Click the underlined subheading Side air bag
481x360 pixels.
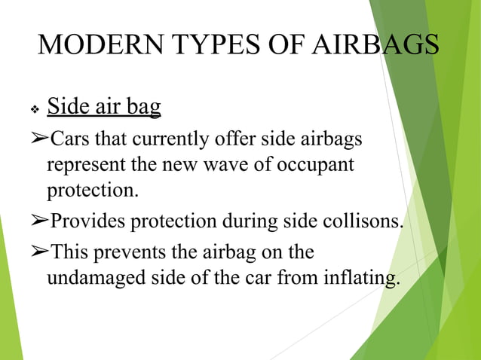pyautogui.click(x=104, y=107)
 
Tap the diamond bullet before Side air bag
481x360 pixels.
pyautogui.click(x=34, y=110)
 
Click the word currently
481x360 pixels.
pyautogui.click(x=176, y=140)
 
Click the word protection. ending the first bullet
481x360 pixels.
pyautogui.click(x=93, y=190)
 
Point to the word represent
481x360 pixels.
pyautogui.click(x=81, y=164)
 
